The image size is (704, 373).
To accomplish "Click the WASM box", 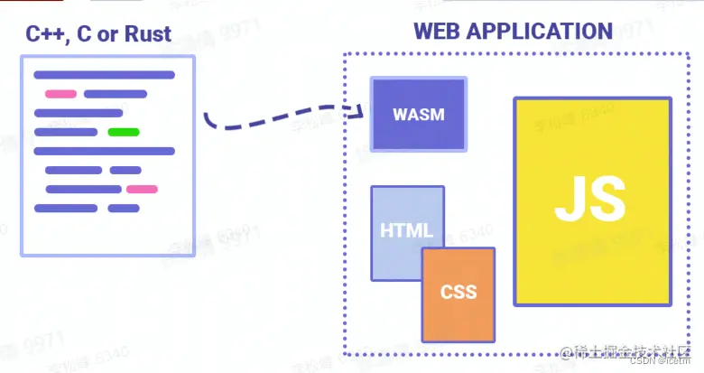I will pos(419,114).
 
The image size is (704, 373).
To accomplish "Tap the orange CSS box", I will pos(459,294).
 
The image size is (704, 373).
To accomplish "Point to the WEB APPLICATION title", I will pos(513,31).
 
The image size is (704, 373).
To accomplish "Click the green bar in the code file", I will pos(124,132).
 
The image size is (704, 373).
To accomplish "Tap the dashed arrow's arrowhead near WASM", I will pos(366,111).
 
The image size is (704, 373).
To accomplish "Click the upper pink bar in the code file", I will pos(60,94).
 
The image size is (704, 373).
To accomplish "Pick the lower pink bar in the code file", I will pos(142,189).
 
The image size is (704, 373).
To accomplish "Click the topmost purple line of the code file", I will pos(104,75).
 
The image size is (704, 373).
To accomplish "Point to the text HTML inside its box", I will pos(406,230).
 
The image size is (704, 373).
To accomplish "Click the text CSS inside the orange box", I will pos(459,293).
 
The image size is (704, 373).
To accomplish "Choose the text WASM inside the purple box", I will pos(419,115).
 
